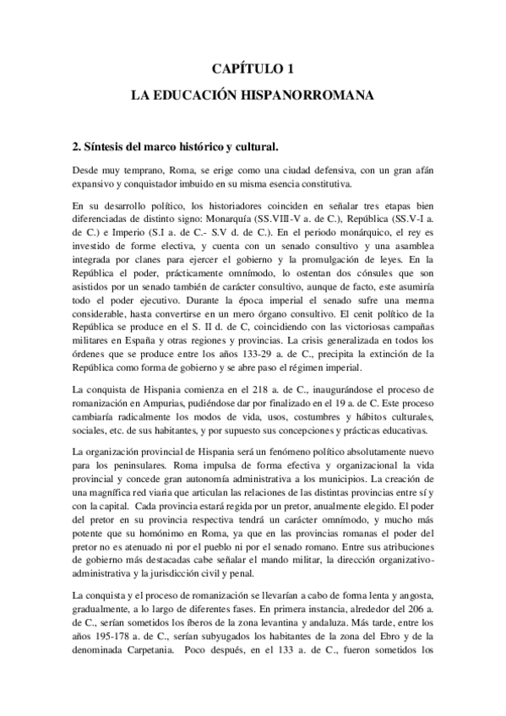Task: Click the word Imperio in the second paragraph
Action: (121, 233)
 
